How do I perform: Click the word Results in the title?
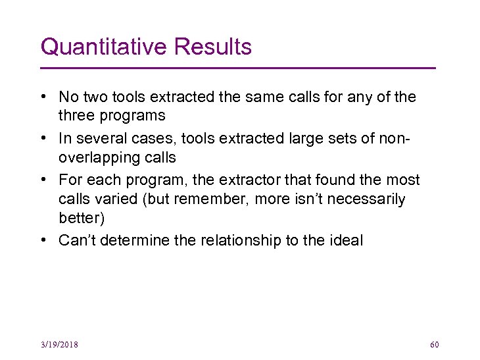[213, 47]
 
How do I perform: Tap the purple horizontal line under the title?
[238, 68]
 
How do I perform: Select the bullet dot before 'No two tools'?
[43, 97]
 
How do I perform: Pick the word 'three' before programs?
[76, 116]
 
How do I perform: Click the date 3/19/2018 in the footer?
[59, 345]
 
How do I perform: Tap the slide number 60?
[434, 345]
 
